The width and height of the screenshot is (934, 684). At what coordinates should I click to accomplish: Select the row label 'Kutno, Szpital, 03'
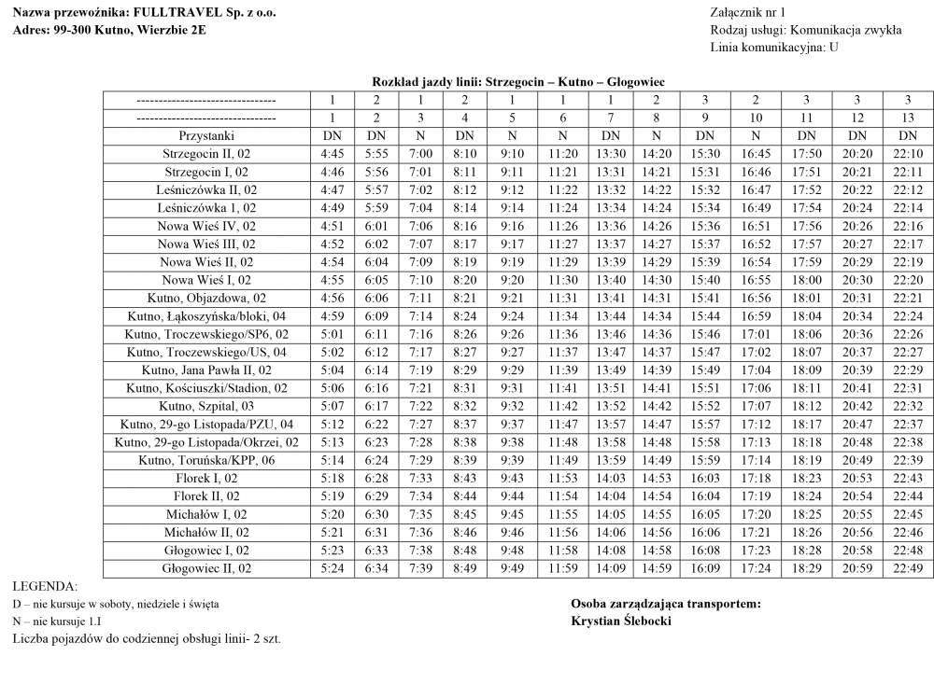click(206, 406)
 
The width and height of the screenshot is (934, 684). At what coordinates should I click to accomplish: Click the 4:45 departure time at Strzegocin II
click(333, 153)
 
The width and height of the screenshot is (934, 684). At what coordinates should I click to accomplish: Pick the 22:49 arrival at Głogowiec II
click(907, 568)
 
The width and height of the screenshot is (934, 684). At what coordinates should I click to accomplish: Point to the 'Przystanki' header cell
click(206, 135)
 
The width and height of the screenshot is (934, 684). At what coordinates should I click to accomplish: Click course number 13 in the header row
click(907, 118)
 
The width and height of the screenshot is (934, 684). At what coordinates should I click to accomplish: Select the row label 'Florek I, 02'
click(206, 478)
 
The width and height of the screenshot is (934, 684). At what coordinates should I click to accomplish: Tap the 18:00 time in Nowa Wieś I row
click(806, 280)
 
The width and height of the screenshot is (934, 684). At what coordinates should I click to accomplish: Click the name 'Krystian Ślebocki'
click(622, 621)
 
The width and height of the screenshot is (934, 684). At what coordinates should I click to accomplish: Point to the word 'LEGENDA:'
click(46, 586)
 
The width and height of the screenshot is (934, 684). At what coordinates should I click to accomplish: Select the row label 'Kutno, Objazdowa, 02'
click(206, 298)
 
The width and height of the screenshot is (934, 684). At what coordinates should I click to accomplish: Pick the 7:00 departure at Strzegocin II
click(420, 153)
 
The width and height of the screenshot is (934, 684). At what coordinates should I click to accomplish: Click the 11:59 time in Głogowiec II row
click(562, 568)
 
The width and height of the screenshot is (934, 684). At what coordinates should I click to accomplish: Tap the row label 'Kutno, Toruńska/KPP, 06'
click(206, 460)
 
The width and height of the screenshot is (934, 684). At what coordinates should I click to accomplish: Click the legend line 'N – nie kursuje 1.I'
click(58, 621)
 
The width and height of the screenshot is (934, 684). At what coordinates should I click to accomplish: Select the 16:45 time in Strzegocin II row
click(756, 153)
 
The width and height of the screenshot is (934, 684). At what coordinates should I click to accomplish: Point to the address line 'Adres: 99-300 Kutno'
click(109, 30)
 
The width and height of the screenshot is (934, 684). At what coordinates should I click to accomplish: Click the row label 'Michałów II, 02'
click(206, 532)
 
